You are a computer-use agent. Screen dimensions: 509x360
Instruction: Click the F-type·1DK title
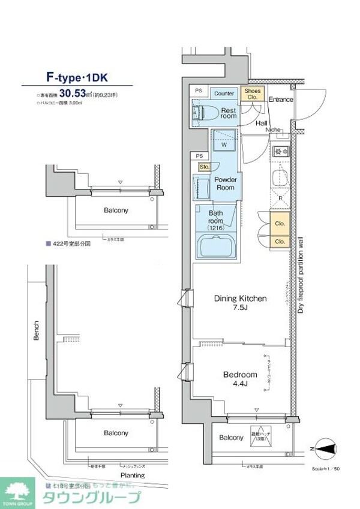click(x=77, y=77)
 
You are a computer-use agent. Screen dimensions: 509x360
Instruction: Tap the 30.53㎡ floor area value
click(x=76, y=94)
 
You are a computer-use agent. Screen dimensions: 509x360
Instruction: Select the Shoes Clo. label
click(x=250, y=94)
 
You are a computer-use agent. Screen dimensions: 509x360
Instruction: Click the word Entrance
click(x=280, y=99)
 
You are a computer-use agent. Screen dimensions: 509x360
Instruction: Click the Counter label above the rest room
click(x=224, y=94)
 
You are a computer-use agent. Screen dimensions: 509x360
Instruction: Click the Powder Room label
click(x=226, y=183)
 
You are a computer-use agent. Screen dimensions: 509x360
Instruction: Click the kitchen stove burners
click(x=280, y=151)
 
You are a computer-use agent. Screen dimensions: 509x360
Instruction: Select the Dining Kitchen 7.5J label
click(x=240, y=303)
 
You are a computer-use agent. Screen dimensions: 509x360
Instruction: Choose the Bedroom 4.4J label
click(x=240, y=379)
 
